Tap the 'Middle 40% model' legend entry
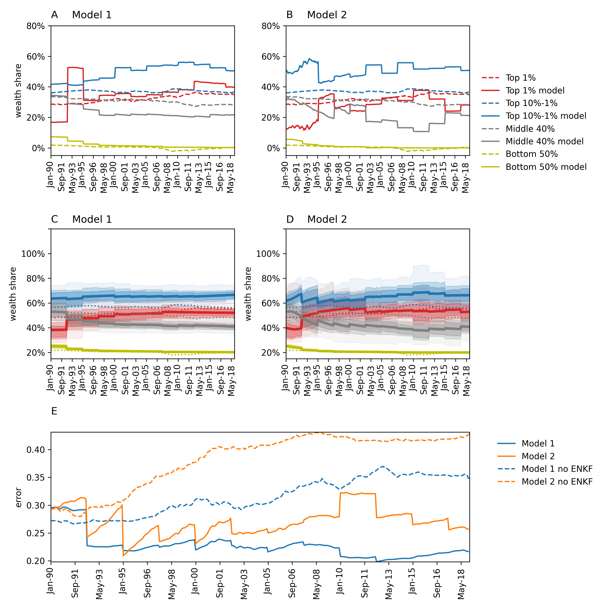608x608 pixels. pyautogui.click(x=544, y=141)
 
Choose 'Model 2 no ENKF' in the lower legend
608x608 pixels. pyautogui.click(x=557, y=482)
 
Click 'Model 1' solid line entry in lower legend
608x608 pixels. pyautogui.click(x=538, y=443)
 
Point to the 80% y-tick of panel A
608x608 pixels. pyautogui.click(x=35, y=26)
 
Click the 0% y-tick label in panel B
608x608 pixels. pyautogui.click(x=273, y=148)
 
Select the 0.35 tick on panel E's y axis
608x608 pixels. pyautogui.click(x=35, y=478)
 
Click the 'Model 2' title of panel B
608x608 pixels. pyautogui.click(x=327, y=15)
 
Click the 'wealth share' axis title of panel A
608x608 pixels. pyautogui.click(x=18, y=91)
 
